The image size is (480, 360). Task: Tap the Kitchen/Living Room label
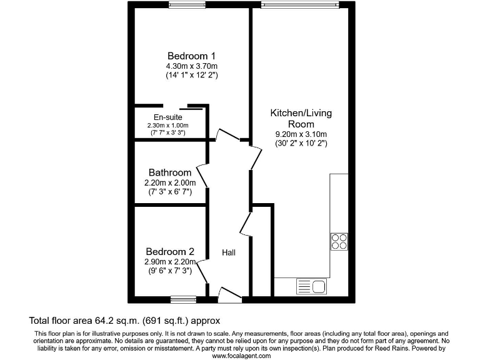301,119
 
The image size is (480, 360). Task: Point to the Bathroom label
169,172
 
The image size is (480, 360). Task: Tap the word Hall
229,252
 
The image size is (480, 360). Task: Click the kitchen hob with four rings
339,241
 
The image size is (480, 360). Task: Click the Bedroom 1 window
187,6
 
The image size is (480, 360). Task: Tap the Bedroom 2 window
182,298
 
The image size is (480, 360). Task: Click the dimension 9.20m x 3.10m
301,134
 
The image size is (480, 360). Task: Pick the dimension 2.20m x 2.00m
169,182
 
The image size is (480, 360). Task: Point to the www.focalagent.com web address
242,356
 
